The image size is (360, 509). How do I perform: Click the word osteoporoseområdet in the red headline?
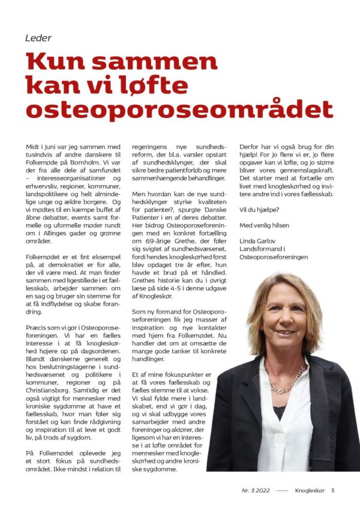click(179, 109)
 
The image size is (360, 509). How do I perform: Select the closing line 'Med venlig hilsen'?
click(264, 225)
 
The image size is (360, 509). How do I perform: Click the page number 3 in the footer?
click(332, 490)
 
